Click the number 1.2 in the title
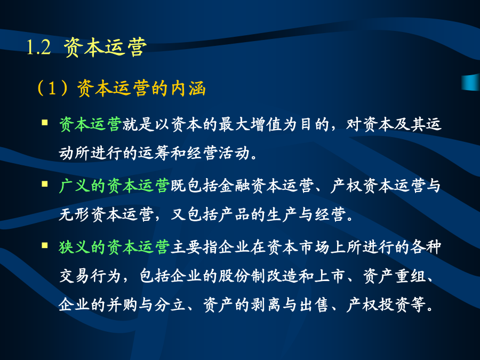pos(38,48)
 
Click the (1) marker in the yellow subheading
pos(52,88)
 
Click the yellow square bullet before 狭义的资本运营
pos(45,245)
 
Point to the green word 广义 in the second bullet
pos(74,186)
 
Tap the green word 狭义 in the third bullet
pos(74,247)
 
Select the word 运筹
pos(154,153)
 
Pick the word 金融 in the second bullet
pos(234,186)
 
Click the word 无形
pos(74,214)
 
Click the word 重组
pos(411,276)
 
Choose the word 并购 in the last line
pos(122,305)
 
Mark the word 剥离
pos(266,305)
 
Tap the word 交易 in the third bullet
pos(74,276)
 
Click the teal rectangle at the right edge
pos(471,82)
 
